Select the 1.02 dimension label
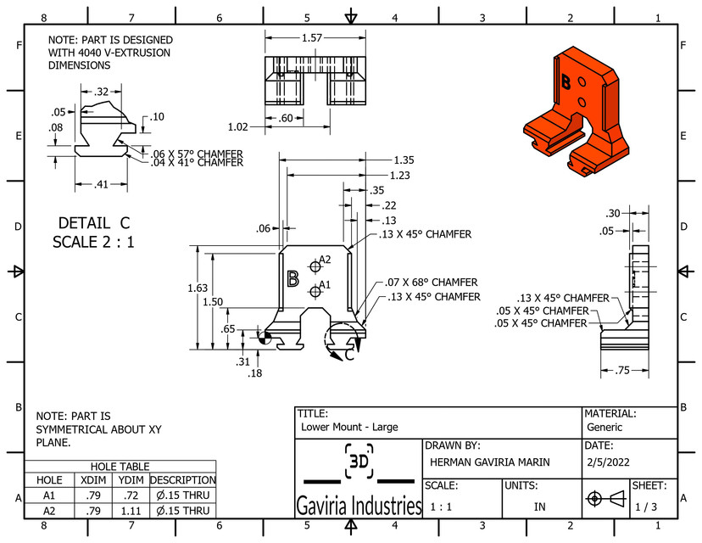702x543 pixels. coord(238,126)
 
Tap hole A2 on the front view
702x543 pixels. coord(316,262)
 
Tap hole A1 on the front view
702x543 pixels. coord(315,291)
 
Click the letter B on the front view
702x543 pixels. coord(292,279)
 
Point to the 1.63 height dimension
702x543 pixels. coord(197,288)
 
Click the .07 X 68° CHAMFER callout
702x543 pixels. coord(430,282)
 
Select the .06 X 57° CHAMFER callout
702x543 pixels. coord(197,154)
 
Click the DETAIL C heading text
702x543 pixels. coord(94,223)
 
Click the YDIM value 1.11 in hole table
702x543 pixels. coord(131,511)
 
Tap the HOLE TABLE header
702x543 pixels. coord(120,467)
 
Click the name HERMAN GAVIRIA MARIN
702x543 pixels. coord(489,462)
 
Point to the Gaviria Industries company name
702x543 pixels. coord(359,507)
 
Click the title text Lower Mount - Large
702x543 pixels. coord(349,427)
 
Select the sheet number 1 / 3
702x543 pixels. coord(645,506)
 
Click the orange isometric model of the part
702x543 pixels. coord(577,106)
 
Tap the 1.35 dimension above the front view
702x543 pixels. coord(404,160)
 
